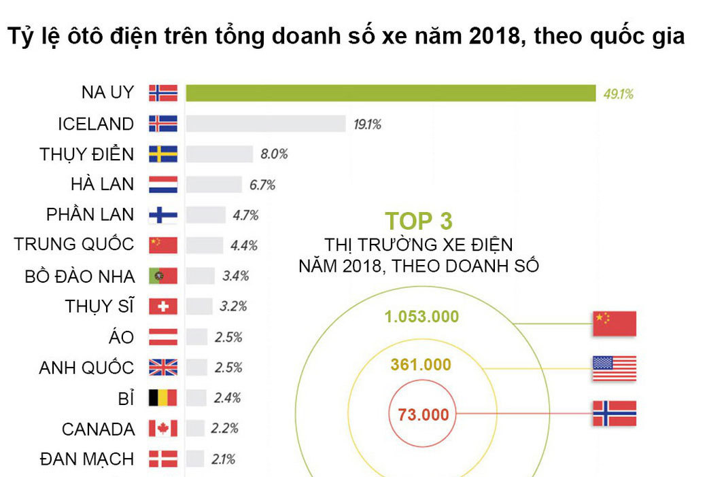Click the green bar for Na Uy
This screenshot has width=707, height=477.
pos(390,93)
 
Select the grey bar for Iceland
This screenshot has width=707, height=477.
pos(266,124)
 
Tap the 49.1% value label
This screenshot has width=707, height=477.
pos(618,94)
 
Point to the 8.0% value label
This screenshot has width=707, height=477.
pos(274,154)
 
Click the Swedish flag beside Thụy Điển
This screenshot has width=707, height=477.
pos(163,154)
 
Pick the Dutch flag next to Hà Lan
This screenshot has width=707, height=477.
pos(163,184)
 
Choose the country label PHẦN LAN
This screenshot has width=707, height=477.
pos(90,215)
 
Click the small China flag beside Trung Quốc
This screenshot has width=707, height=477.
pos(163,245)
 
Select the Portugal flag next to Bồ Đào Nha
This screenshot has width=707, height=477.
pos(163,276)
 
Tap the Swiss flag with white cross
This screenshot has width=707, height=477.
pos(163,306)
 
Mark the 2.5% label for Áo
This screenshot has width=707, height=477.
pos(228,337)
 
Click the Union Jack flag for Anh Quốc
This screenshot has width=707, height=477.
pos(163,368)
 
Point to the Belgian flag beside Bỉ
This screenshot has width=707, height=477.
pos(163,397)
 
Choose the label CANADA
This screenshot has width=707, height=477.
pos(98,429)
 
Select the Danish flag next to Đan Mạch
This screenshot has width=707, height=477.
pos(163,459)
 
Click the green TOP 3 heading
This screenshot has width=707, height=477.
pos(418,222)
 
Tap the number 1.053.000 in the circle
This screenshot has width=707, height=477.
pos(421,317)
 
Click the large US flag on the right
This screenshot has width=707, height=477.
pos(614,368)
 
